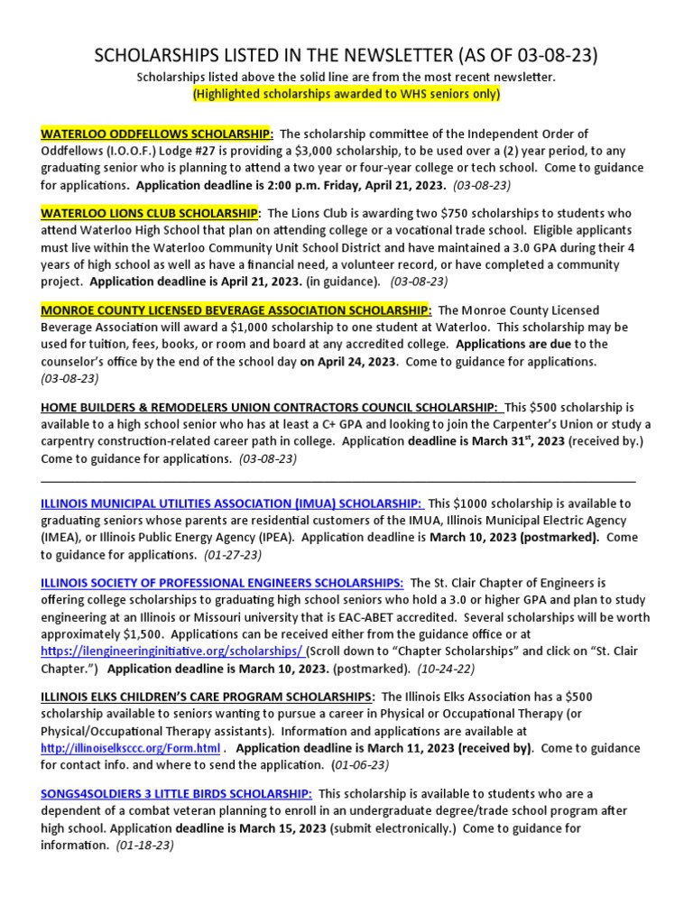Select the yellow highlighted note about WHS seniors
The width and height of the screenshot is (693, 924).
pyautogui.click(x=346, y=94)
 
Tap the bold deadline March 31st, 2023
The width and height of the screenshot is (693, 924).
pyautogui.click(x=469, y=441)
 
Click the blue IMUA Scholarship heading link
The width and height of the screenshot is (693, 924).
pyautogui.click(x=231, y=504)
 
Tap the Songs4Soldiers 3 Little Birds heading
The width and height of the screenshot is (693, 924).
pyautogui.click(x=177, y=793)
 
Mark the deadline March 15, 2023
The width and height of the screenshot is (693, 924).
pyautogui.click(x=273, y=827)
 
